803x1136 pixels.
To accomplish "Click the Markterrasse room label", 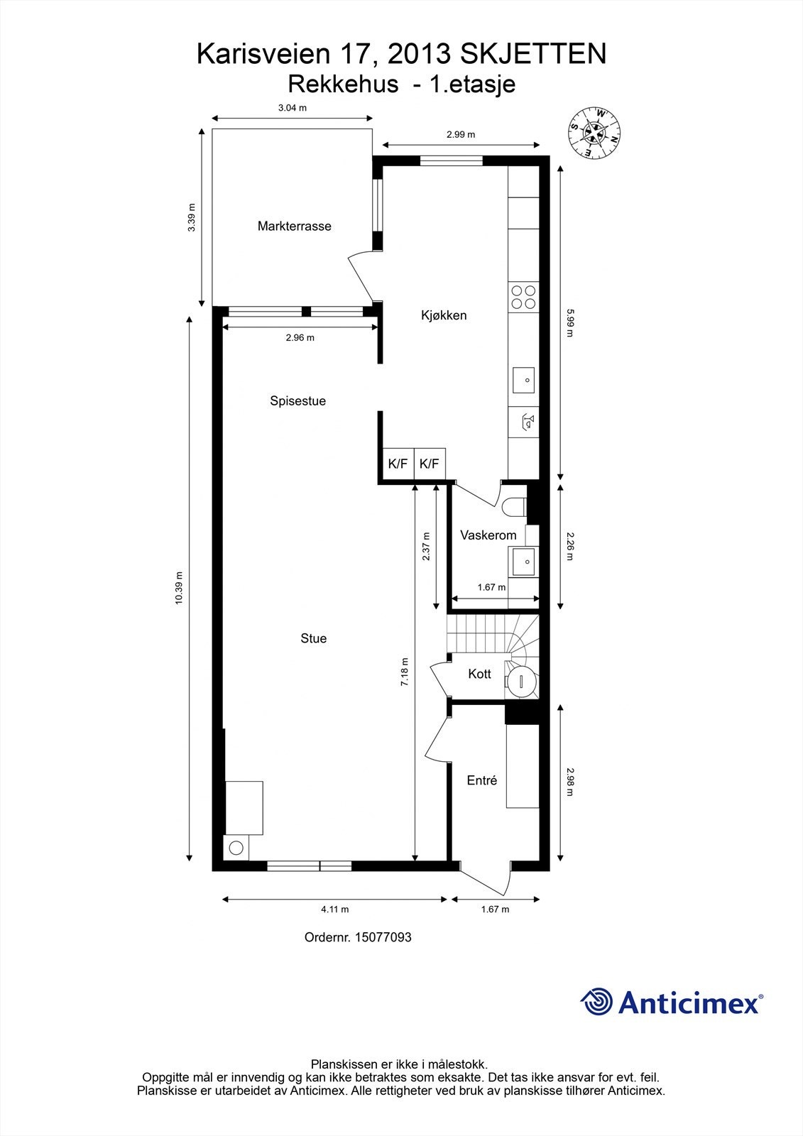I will (x=294, y=226).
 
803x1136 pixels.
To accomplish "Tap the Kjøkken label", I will (x=444, y=315).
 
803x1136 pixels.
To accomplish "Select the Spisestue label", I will (x=297, y=401).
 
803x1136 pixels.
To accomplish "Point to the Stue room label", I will (x=313, y=639).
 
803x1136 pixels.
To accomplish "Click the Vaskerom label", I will (x=488, y=535).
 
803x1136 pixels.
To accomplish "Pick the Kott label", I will (x=479, y=674).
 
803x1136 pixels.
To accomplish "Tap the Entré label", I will (x=481, y=781).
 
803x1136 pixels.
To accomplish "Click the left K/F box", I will (x=398, y=464).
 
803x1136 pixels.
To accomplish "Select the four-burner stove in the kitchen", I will (x=524, y=296).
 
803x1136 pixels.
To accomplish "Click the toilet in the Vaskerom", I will (x=513, y=507).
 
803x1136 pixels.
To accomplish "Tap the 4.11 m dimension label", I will (x=334, y=910).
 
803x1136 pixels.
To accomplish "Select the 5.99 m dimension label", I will (x=569, y=323).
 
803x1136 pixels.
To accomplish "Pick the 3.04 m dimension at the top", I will (x=292, y=108).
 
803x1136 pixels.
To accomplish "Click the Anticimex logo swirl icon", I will (x=596, y=1003).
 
